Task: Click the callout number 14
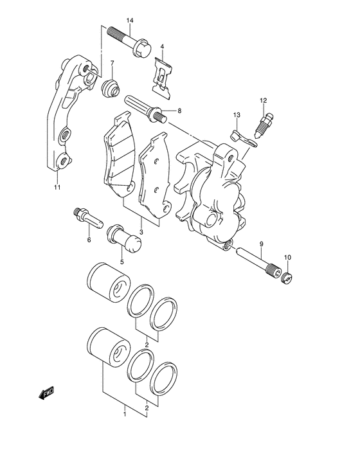click(130, 21)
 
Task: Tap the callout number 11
click(57, 187)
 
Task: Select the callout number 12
click(263, 100)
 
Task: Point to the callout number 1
click(125, 414)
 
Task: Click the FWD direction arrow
click(46, 393)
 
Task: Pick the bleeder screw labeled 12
click(264, 125)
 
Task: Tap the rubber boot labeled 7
click(111, 87)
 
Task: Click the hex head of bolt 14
click(143, 48)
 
